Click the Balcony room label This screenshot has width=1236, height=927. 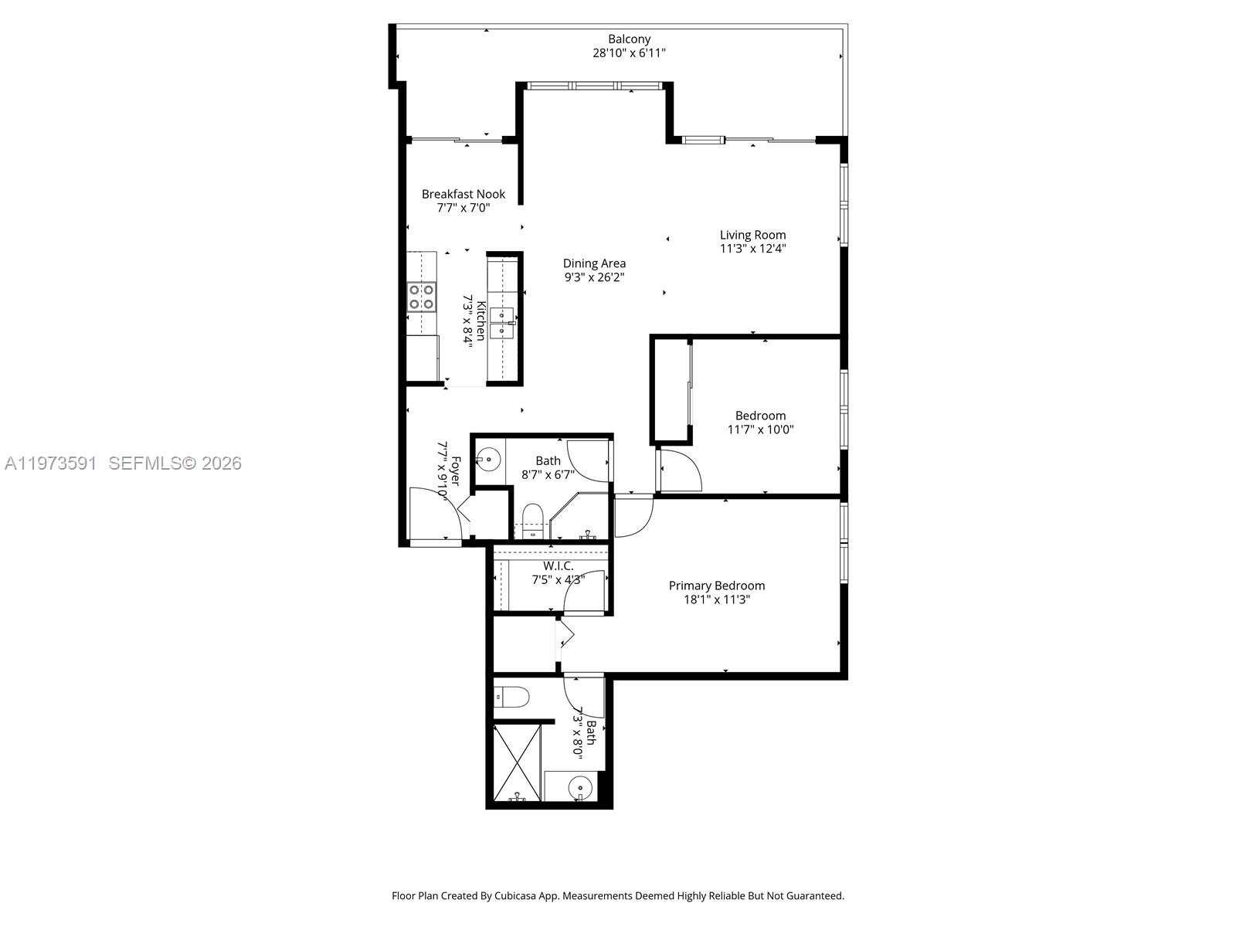point(629,39)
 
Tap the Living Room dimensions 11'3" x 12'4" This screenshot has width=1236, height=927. point(752,249)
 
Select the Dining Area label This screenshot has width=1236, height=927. point(594,263)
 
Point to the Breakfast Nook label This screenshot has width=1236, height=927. point(463,194)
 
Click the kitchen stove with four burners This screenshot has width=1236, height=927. point(422,297)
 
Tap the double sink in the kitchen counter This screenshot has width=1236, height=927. point(502,322)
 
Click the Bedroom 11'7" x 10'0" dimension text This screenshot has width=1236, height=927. point(760,430)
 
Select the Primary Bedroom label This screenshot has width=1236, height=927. point(717,586)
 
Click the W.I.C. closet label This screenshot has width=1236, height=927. point(558,566)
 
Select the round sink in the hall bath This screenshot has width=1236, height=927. point(488,460)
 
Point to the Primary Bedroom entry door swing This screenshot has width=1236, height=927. point(633,516)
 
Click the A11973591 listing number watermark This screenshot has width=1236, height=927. point(51,463)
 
